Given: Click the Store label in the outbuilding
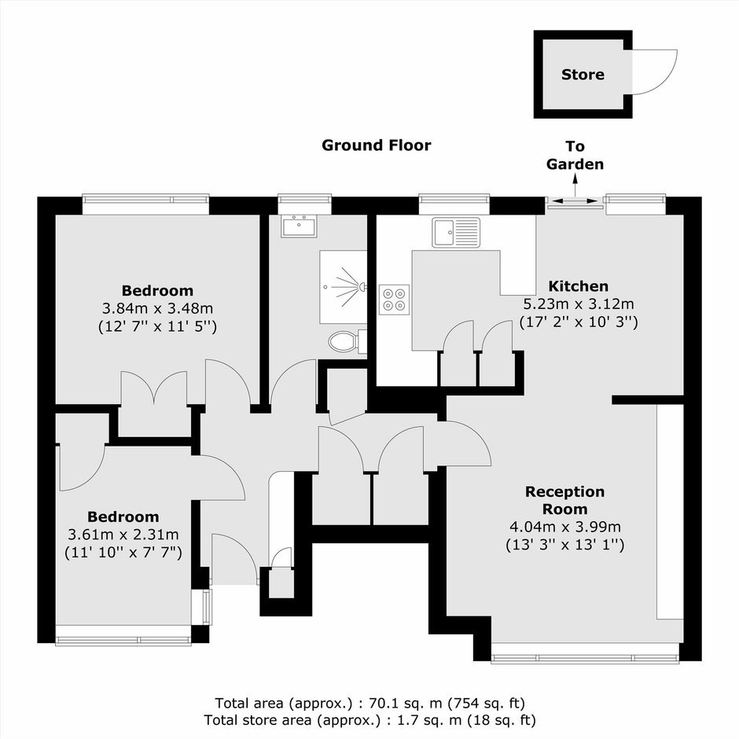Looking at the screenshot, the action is (x=583, y=75).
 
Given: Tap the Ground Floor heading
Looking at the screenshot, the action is (x=376, y=145).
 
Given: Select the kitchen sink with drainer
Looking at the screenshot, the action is (x=456, y=233).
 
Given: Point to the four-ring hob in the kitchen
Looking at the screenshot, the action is (x=394, y=300).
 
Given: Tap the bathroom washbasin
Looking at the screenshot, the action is (x=300, y=226).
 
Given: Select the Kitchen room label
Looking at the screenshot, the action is (x=579, y=286).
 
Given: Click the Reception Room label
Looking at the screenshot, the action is (x=564, y=500).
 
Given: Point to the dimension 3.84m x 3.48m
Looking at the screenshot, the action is (x=157, y=309).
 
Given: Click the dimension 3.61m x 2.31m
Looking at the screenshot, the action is (x=123, y=535).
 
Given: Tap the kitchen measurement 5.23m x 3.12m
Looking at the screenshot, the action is (x=579, y=304).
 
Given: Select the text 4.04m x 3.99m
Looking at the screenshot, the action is (x=564, y=527).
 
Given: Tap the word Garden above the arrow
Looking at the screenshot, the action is (x=575, y=164).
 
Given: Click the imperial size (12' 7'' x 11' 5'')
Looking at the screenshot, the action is (x=157, y=326).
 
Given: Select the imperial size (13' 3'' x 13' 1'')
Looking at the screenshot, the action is (x=564, y=545).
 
